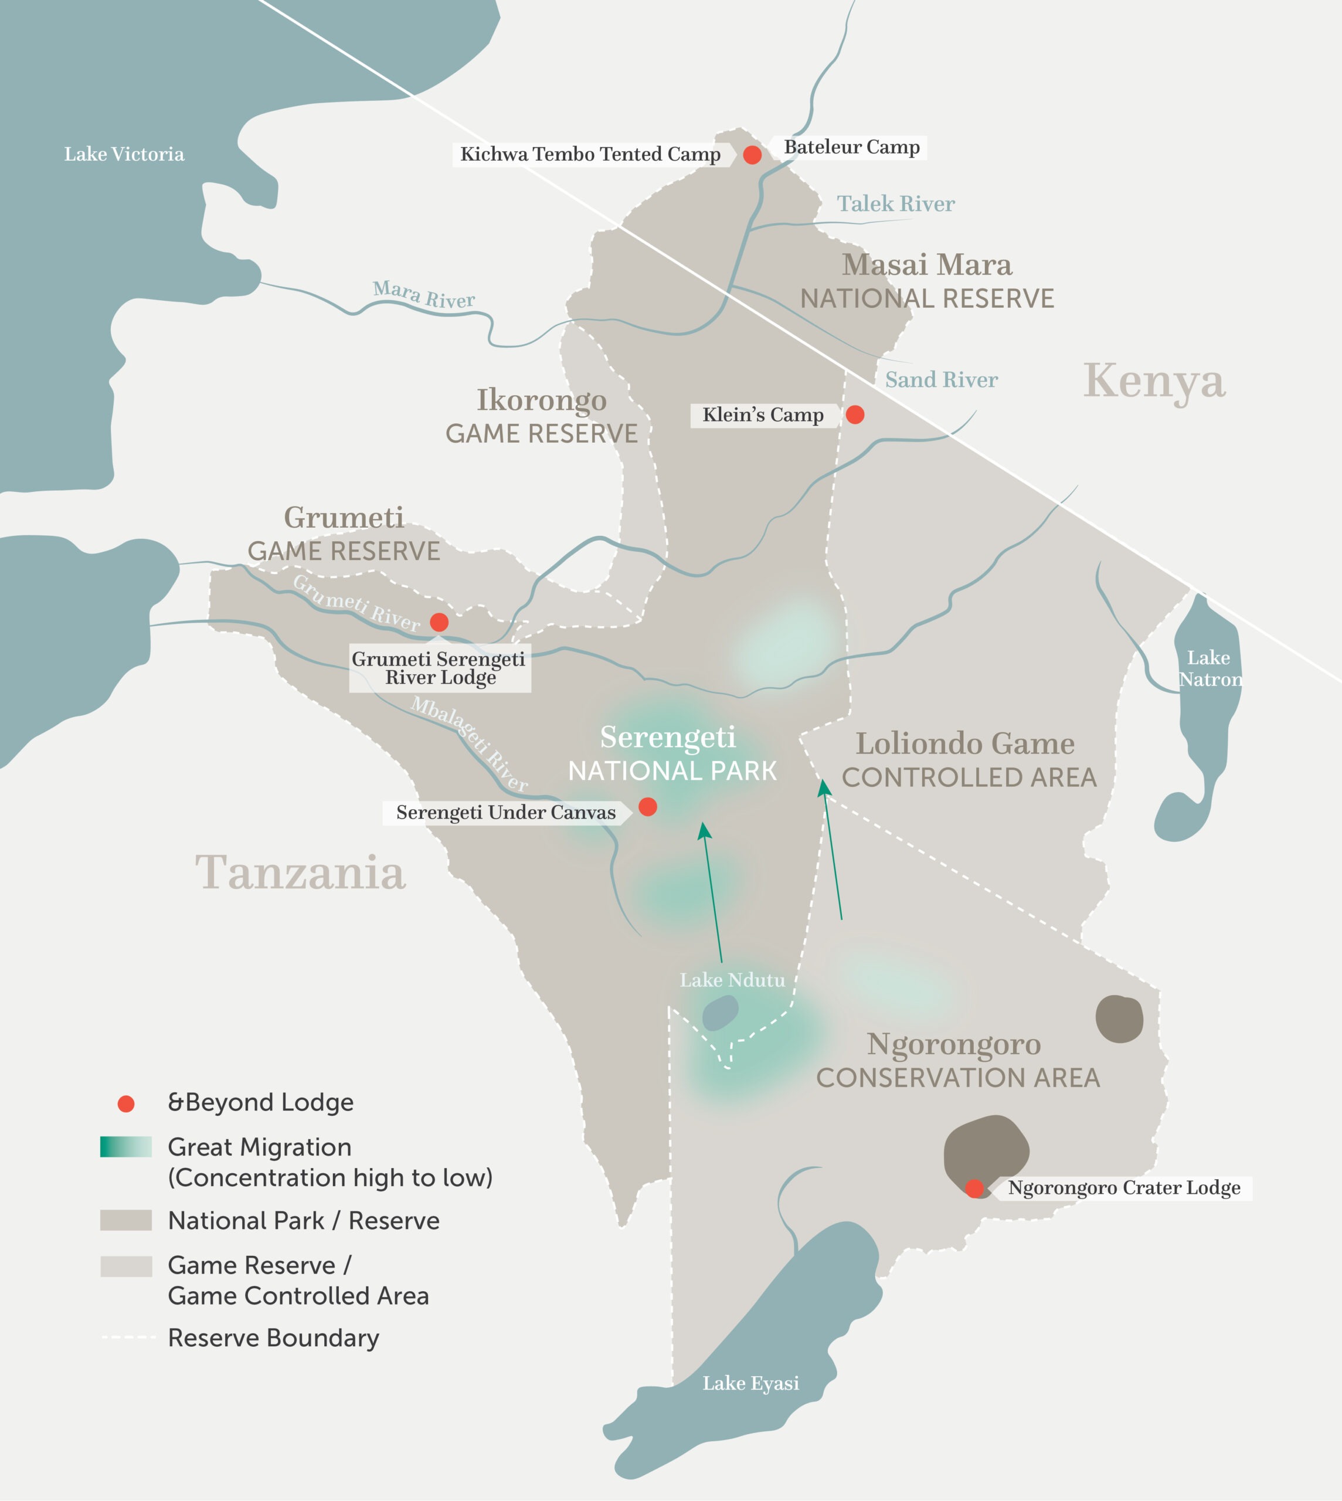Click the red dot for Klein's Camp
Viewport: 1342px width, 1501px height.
[x=855, y=415]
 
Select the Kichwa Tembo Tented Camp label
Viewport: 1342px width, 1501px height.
[x=590, y=154]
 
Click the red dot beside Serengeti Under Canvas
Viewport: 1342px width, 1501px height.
[x=647, y=807]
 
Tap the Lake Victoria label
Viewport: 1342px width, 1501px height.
[x=124, y=154]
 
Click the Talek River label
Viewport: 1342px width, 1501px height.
[x=895, y=203]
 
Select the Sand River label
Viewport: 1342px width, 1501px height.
[x=941, y=380]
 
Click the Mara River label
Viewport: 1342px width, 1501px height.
[x=423, y=294]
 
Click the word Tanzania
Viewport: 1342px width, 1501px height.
[x=300, y=873]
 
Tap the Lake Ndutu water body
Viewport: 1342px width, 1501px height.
[x=720, y=1012]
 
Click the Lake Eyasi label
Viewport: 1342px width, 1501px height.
[x=750, y=1383]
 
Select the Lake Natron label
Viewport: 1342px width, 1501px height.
[x=1210, y=668]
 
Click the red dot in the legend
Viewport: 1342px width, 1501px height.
[x=126, y=1103]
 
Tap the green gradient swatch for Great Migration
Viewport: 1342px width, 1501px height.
[x=126, y=1147]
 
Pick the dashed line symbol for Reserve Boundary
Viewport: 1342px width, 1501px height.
[x=128, y=1337]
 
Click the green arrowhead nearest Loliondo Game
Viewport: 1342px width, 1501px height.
[x=824, y=788]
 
